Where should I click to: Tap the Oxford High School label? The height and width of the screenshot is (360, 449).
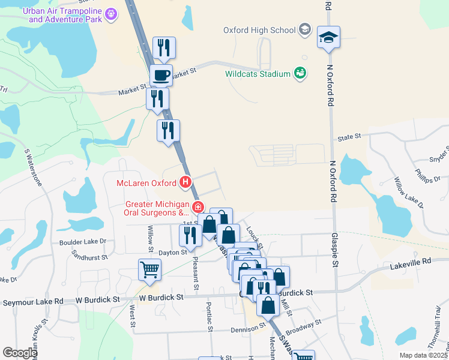(259, 29)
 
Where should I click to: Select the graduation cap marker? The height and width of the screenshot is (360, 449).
(328, 37)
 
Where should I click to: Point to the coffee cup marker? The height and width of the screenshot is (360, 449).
(160, 75)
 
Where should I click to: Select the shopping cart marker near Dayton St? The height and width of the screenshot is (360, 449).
(149, 269)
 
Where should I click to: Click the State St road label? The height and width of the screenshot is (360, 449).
(349, 137)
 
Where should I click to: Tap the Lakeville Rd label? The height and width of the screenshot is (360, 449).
(411, 262)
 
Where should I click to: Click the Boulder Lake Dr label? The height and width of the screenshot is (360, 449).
(82, 242)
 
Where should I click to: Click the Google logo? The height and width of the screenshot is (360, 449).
(20, 353)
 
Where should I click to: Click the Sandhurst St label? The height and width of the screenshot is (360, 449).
(88, 255)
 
